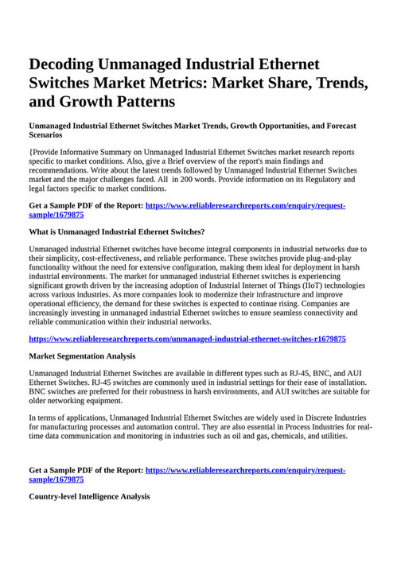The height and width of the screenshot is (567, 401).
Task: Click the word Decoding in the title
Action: coord(68,64)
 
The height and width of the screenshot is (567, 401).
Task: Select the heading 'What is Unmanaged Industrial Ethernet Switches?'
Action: coord(117,232)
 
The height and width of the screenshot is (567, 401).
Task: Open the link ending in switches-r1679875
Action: coord(187,339)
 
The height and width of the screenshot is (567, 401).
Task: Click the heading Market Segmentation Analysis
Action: coord(82,356)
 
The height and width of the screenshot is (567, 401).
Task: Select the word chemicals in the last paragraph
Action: coord(284,436)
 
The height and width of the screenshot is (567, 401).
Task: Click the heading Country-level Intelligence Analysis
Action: coord(89,496)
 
